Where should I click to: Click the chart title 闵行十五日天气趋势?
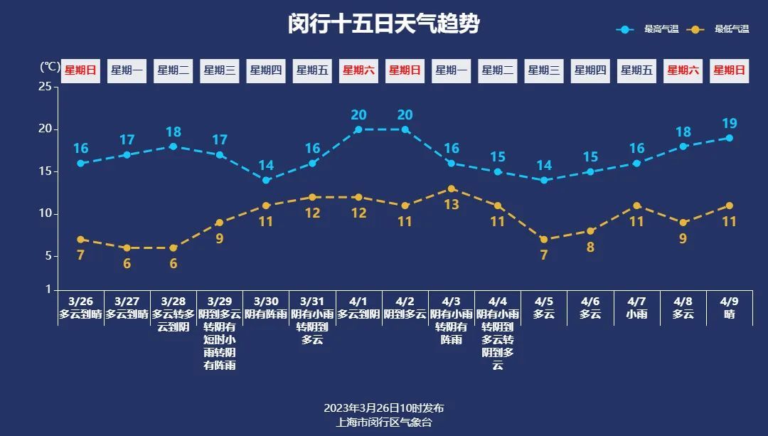coord(384,24)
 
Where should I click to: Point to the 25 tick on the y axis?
coord(45,87)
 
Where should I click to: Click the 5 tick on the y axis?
coord(48,256)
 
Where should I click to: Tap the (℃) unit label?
coord(49,67)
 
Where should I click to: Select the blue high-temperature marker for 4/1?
coord(358,129)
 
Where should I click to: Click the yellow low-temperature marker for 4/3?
coord(452,188)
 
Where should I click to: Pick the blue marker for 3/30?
coord(266,180)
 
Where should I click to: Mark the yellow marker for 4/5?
coord(544,240)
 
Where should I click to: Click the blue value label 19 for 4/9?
coord(729,123)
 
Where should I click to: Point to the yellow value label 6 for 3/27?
coord(127,263)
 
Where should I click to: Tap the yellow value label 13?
coord(452,205)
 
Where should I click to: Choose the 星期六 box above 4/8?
coord(683,70)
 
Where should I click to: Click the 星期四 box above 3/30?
coord(266,70)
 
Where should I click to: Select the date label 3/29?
coord(220,302)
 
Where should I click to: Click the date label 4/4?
coord(498,302)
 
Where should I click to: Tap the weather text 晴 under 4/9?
coord(729,314)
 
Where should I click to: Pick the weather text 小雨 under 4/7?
coord(636,314)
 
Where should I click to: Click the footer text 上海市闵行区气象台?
coord(384,422)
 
